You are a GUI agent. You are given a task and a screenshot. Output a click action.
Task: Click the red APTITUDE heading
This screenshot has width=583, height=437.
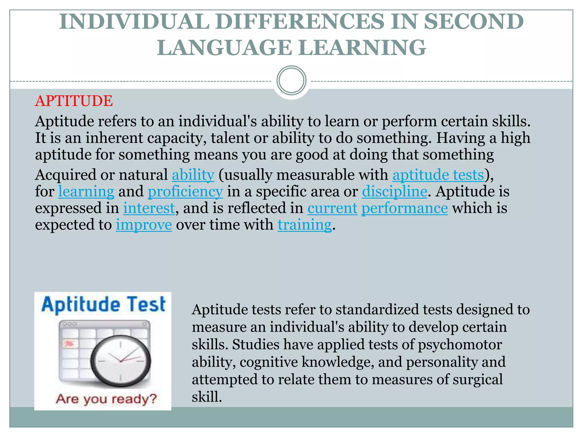74,101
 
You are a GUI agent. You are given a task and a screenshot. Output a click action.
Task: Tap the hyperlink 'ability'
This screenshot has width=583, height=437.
193,175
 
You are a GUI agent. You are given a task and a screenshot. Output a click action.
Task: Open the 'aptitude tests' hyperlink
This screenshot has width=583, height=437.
438,175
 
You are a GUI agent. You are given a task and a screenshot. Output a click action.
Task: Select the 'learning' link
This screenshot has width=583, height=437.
86,191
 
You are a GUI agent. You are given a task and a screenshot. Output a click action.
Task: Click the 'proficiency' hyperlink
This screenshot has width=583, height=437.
185,191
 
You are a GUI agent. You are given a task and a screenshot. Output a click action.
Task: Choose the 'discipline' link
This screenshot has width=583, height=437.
395,191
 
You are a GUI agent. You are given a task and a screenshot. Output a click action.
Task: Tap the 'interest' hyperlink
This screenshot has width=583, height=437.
149,208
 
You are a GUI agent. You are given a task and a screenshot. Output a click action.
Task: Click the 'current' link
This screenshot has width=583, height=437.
332,208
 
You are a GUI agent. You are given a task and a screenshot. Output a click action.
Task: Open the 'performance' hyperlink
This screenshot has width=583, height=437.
405,208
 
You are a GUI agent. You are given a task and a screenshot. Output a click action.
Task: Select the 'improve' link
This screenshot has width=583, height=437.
144,225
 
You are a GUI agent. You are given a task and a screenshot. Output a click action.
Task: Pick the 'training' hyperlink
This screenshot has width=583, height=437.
305,225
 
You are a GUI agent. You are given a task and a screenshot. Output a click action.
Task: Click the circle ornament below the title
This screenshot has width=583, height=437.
291,81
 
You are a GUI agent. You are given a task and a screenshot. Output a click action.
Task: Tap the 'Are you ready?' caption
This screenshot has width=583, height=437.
106,399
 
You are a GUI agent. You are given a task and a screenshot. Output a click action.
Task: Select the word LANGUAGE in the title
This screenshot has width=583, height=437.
224,48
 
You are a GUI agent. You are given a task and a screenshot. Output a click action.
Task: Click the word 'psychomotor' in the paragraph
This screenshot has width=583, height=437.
460,345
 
